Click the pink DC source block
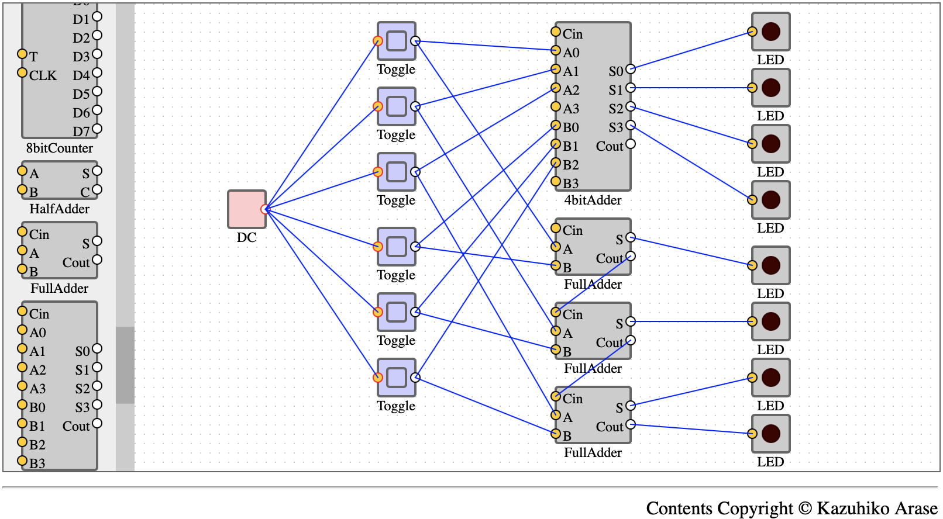(247, 209)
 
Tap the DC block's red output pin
(265, 209)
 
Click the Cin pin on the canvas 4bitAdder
(556, 32)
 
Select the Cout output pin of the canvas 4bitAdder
(630, 144)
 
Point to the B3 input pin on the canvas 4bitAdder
(556, 181)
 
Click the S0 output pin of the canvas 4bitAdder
(630, 69)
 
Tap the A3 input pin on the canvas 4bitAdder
(556, 106)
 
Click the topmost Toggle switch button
(397, 41)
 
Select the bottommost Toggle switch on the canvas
(397, 377)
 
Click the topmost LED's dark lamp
(771, 32)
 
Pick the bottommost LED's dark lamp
(771, 434)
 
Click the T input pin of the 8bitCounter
(22, 54)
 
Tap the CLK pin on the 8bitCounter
(22, 72)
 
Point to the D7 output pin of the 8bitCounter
(97, 129)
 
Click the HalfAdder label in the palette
(59, 209)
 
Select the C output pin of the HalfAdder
(97, 190)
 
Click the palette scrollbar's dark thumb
(125, 365)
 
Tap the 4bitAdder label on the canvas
(593, 200)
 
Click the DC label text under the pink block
(247, 238)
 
